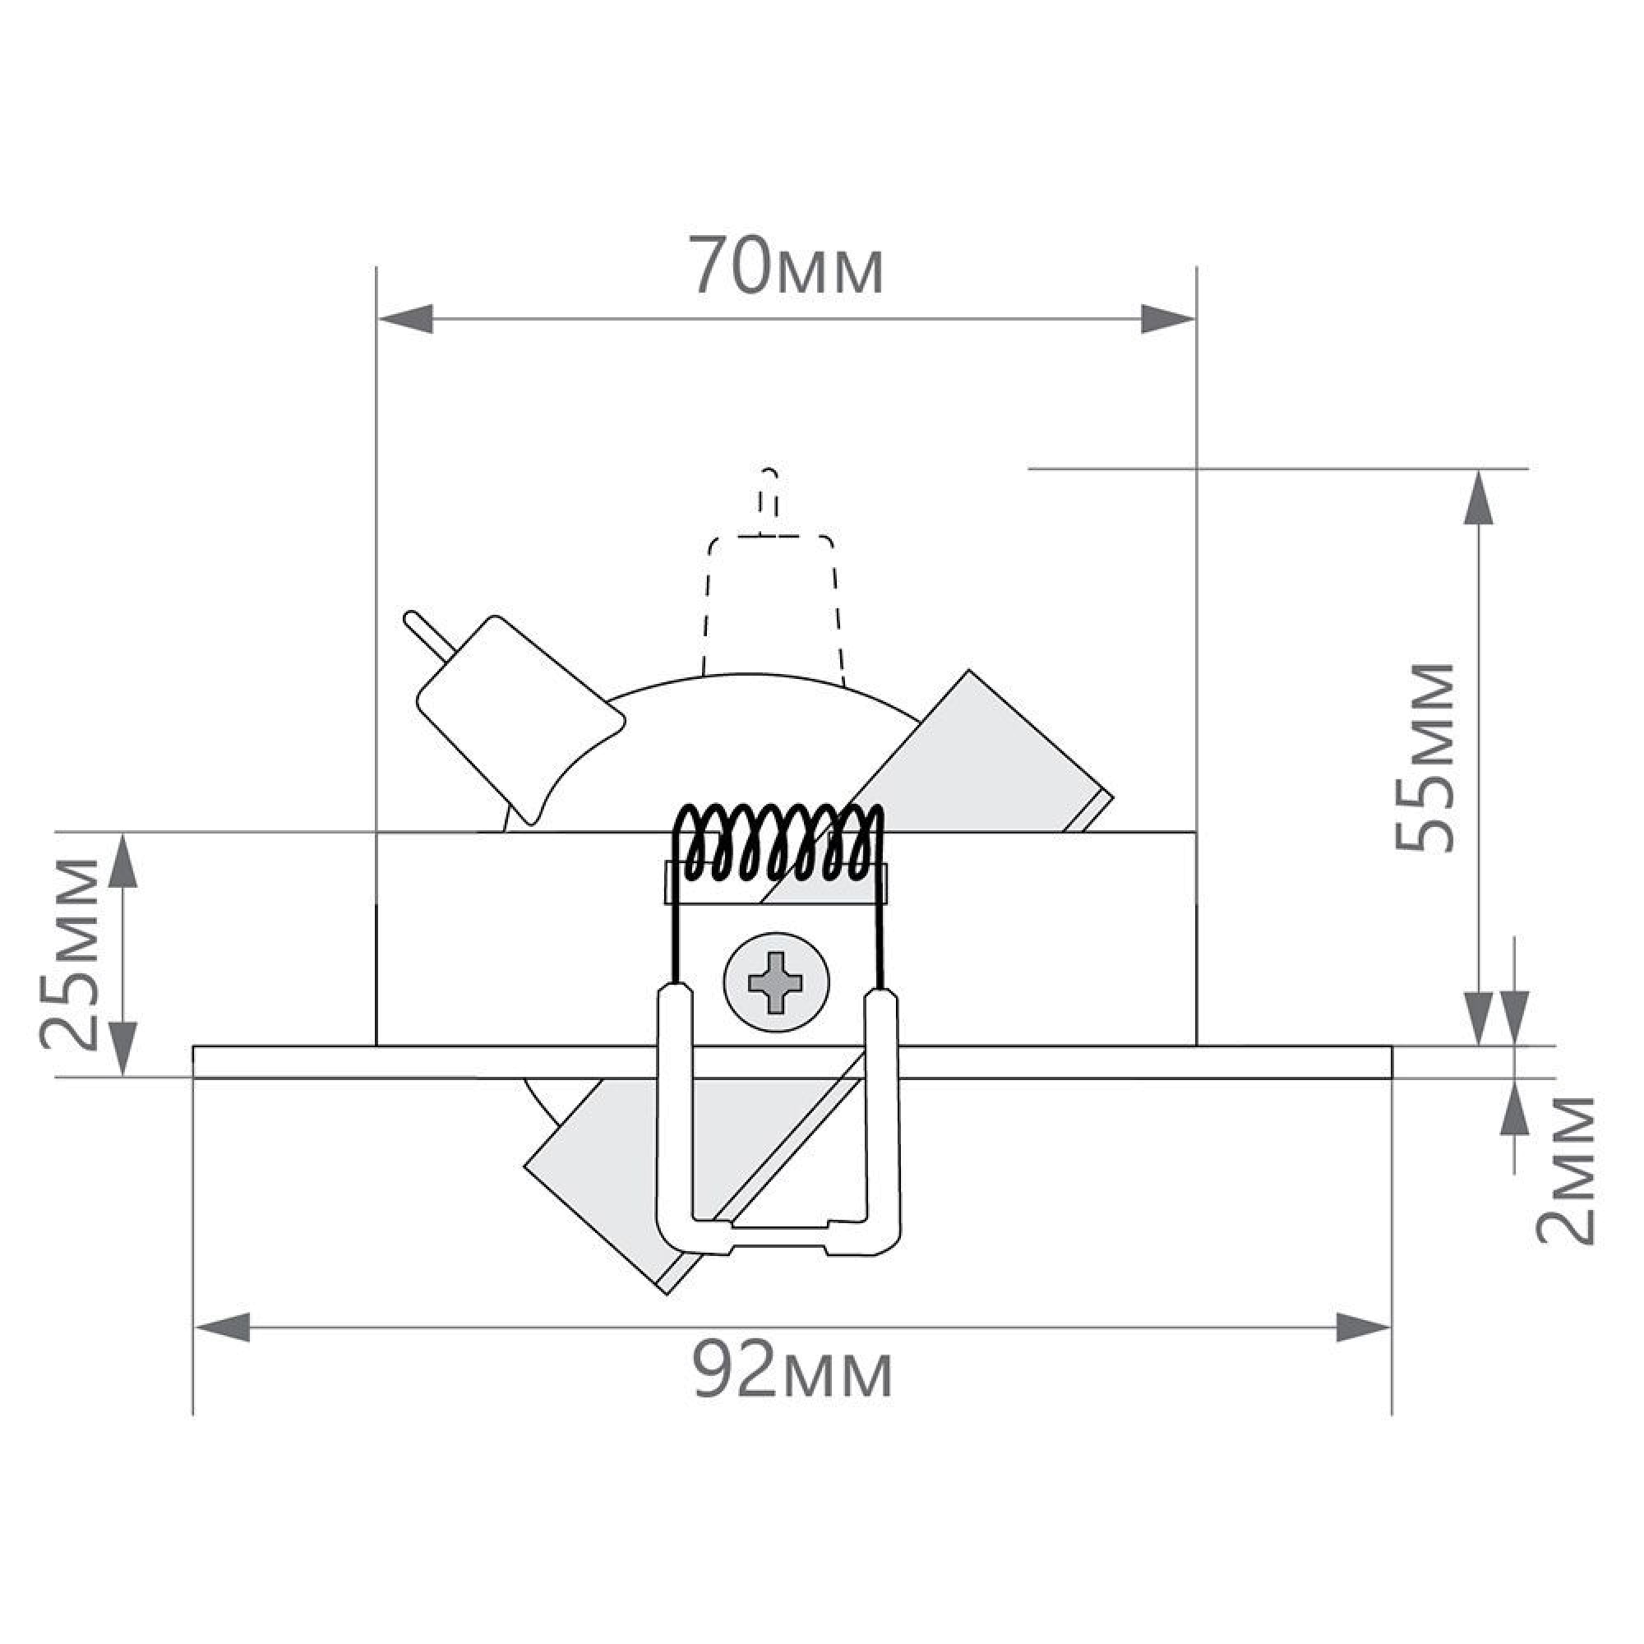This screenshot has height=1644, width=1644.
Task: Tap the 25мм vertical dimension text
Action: click(x=70, y=952)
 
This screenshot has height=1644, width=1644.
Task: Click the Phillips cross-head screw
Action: click(x=775, y=983)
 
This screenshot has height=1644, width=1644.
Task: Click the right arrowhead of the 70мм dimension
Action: click(x=1166, y=319)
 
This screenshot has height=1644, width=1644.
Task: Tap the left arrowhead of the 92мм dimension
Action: click(x=223, y=1327)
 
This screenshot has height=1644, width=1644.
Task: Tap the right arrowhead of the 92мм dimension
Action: click(x=1363, y=1327)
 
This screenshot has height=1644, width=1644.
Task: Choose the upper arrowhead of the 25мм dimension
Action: click(x=124, y=861)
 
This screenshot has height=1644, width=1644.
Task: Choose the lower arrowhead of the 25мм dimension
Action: click(x=124, y=1048)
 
